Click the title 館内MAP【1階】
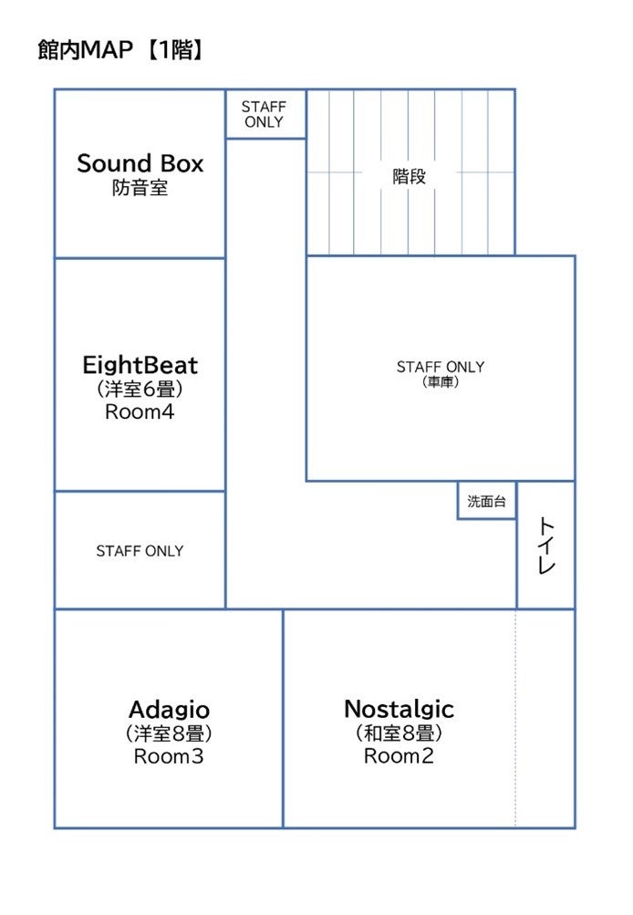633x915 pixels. [119, 50]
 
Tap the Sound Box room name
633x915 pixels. [140, 164]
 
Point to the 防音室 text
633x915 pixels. [140, 190]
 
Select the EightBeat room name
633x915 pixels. [140, 366]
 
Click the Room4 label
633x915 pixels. [140, 411]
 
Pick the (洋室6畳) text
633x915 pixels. [140, 390]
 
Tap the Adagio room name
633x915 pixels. [169, 710]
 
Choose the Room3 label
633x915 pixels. [169, 756]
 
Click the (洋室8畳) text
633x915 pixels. [169, 733]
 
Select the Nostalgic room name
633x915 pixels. [399, 709]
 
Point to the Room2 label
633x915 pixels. [399, 756]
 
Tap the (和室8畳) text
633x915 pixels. [399, 733]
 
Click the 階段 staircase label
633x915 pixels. [409, 177]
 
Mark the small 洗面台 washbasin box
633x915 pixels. [486, 502]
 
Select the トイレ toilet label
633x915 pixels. [546, 545]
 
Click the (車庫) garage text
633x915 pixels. [441, 383]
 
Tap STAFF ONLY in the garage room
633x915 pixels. [441, 367]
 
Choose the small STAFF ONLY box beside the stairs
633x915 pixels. [264, 114]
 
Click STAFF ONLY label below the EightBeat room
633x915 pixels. [140, 551]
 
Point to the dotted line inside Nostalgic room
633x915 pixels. [516, 721]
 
